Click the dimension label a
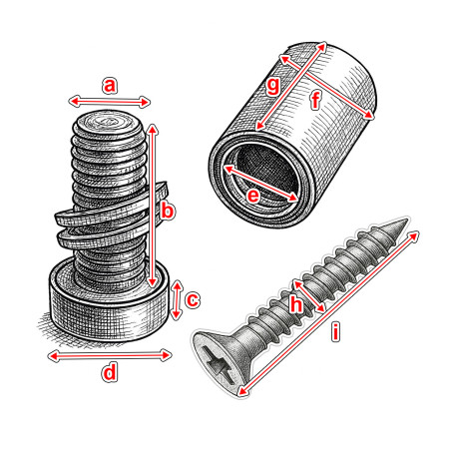click(x=110, y=86)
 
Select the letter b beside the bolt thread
click(x=168, y=212)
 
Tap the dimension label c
click(x=194, y=298)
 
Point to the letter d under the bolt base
click(x=110, y=372)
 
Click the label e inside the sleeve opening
click(x=253, y=197)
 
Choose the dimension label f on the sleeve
click(x=315, y=100)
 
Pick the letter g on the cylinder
click(x=273, y=86)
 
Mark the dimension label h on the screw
click(x=295, y=305)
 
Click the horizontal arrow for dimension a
click(x=110, y=101)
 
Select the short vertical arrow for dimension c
click(x=178, y=299)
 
